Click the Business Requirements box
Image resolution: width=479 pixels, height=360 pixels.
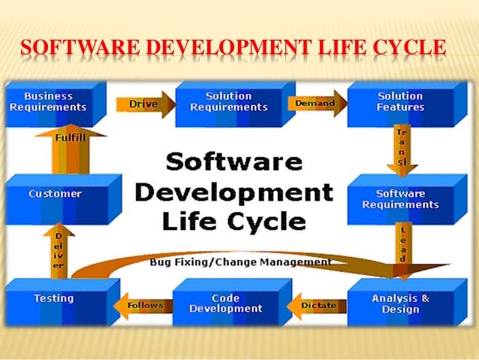tap(48, 102)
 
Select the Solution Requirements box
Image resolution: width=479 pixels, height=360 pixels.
tap(228, 102)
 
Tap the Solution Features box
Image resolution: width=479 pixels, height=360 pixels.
tap(400, 102)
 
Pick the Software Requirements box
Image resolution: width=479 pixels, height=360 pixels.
tap(400, 199)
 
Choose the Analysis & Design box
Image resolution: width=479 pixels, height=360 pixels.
tap(400, 304)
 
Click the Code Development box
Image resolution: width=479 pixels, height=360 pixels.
tap(226, 304)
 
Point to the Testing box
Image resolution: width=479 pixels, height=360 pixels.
tap(53, 299)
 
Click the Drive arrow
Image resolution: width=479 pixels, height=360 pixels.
tap(137, 103)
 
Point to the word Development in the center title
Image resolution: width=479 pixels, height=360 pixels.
tap(233, 192)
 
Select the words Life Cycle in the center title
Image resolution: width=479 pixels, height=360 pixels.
tap(233, 222)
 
